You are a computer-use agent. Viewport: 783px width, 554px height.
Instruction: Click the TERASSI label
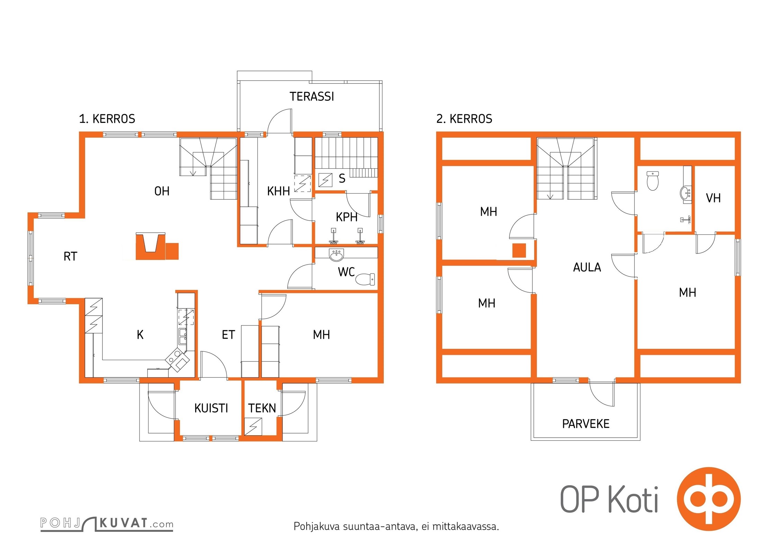pyautogui.click(x=312, y=97)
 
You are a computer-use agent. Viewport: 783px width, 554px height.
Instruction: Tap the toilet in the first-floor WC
pyautogui.click(x=365, y=279)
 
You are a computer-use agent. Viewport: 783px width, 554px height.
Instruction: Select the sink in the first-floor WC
pyautogui.click(x=336, y=255)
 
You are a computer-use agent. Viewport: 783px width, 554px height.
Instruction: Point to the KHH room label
pyautogui.click(x=278, y=191)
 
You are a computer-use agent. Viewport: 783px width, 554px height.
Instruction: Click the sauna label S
pyautogui.click(x=342, y=179)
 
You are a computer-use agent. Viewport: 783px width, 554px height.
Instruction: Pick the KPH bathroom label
pyautogui.click(x=346, y=217)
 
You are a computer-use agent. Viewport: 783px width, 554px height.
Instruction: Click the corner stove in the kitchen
pyautogui.click(x=178, y=360)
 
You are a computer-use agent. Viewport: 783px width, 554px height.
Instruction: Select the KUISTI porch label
pyautogui.click(x=211, y=408)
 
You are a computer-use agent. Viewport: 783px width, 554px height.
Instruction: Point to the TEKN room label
pyautogui.click(x=262, y=408)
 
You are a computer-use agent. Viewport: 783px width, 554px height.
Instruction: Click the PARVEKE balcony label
pyautogui.click(x=586, y=424)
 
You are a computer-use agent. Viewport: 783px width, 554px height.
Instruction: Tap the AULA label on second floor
pyautogui.click(x=587, y=267)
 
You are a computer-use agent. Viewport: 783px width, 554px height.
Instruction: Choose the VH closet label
pyautogui.click(x=713, y=198)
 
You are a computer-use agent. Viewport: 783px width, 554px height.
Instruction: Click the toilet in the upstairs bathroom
pyautogui.click(x=652, y=181)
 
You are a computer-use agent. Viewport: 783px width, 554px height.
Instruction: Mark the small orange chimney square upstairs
pyautogui.click(x=519, y=250)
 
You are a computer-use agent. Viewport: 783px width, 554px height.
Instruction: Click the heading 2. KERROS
pyautogui.click(x=464, y=119)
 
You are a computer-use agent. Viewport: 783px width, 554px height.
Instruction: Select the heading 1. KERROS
pyautogui.click(x=107, y=119)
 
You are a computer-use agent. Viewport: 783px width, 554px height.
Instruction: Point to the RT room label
pyautogui.click(x=70, y=257)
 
